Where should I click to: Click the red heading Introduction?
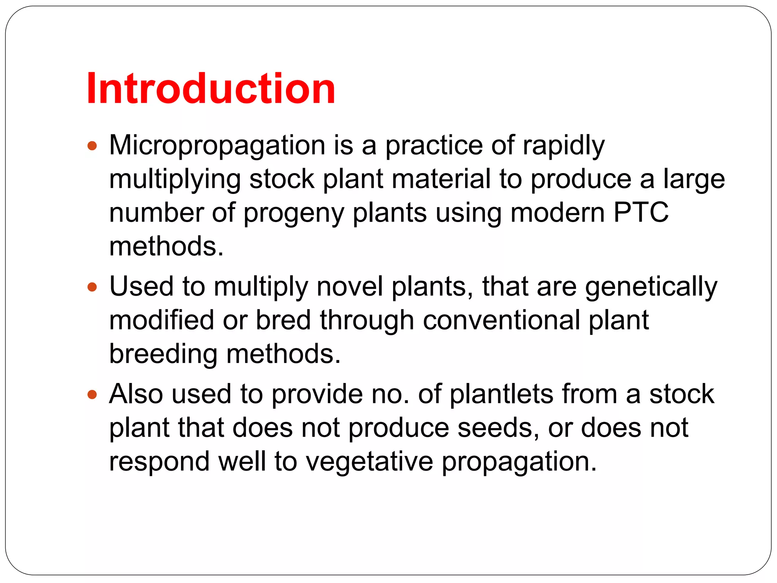point(211,89)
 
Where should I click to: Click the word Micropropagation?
point(217,146)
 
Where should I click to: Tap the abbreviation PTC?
point(641,213)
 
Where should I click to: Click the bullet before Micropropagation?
point(92,146)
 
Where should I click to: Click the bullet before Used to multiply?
point(92,287)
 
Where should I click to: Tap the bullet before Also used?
point(92,395)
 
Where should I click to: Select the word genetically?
point(651,287)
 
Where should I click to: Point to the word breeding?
point(163,354)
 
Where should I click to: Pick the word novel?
point(349,287)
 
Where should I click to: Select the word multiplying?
point(175,180)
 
